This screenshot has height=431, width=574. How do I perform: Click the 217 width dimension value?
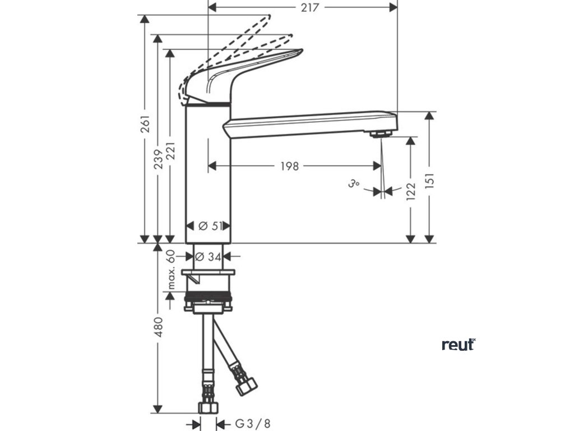click(x=309, y=7)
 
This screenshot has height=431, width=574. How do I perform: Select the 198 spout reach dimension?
click(x=290, y=166)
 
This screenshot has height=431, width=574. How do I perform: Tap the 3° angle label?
click(x=353, y=184)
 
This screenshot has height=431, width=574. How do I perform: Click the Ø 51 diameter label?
click(x=211, y=226)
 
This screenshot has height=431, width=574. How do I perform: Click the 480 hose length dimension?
click(x=159, y=327)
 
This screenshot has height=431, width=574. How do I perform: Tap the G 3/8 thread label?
click(x=247, y=424)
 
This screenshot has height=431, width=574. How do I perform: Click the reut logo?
click(x=458, y=344)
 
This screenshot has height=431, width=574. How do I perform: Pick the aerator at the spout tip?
click(x=381, y=134)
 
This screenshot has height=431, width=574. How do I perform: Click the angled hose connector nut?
click(x=246, y=386)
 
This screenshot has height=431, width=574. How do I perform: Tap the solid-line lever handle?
click(x=247, y=73)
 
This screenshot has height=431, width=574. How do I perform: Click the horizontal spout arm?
click(x=308, y=123)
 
